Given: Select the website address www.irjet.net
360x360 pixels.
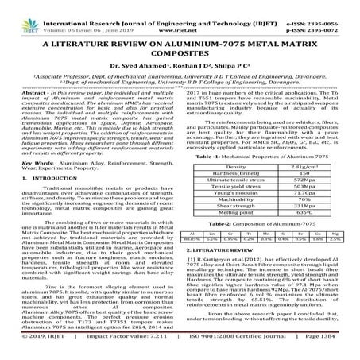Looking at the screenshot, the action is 180,16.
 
